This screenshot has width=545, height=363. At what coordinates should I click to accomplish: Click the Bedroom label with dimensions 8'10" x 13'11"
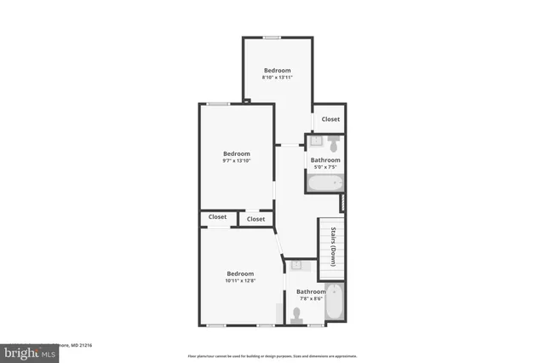tap(277, 70)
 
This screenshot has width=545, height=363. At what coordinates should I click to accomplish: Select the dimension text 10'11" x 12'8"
tap(240, 280)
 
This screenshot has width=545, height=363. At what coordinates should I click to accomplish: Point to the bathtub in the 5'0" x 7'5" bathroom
tap(325, 182)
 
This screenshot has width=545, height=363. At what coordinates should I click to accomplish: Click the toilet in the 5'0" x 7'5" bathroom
tap(333, 140)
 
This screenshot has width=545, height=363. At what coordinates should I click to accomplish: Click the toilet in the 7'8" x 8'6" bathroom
tap(295, 315)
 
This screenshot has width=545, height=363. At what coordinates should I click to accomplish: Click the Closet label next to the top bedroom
tap(330, 119)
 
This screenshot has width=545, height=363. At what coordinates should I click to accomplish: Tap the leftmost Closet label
tap(217, 217)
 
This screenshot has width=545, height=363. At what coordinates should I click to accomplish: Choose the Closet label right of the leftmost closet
tap(255, 219)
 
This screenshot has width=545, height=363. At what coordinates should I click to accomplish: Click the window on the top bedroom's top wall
tap(272, 37)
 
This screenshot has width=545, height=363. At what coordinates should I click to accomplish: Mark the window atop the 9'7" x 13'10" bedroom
tap(218, 104)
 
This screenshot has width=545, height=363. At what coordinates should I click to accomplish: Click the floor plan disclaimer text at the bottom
tap(272, 356)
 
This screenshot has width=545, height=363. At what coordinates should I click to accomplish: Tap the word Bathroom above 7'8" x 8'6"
tap(311, 291)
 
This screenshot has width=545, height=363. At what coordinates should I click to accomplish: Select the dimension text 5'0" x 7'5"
tap(325, 167)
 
